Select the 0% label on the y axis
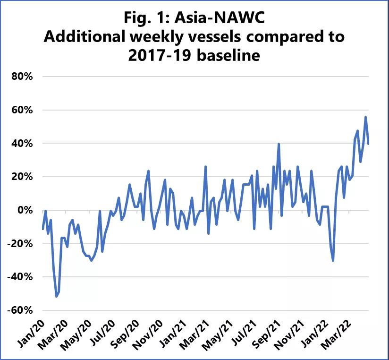click(x=25, y=210)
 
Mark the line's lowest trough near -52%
click(x=57, y=296)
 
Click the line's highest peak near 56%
click(x=365, y=117)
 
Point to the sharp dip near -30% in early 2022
click(x=333, y=260)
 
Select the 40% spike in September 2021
click(x=279, y=144)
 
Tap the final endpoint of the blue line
click(x=368, y=144)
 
